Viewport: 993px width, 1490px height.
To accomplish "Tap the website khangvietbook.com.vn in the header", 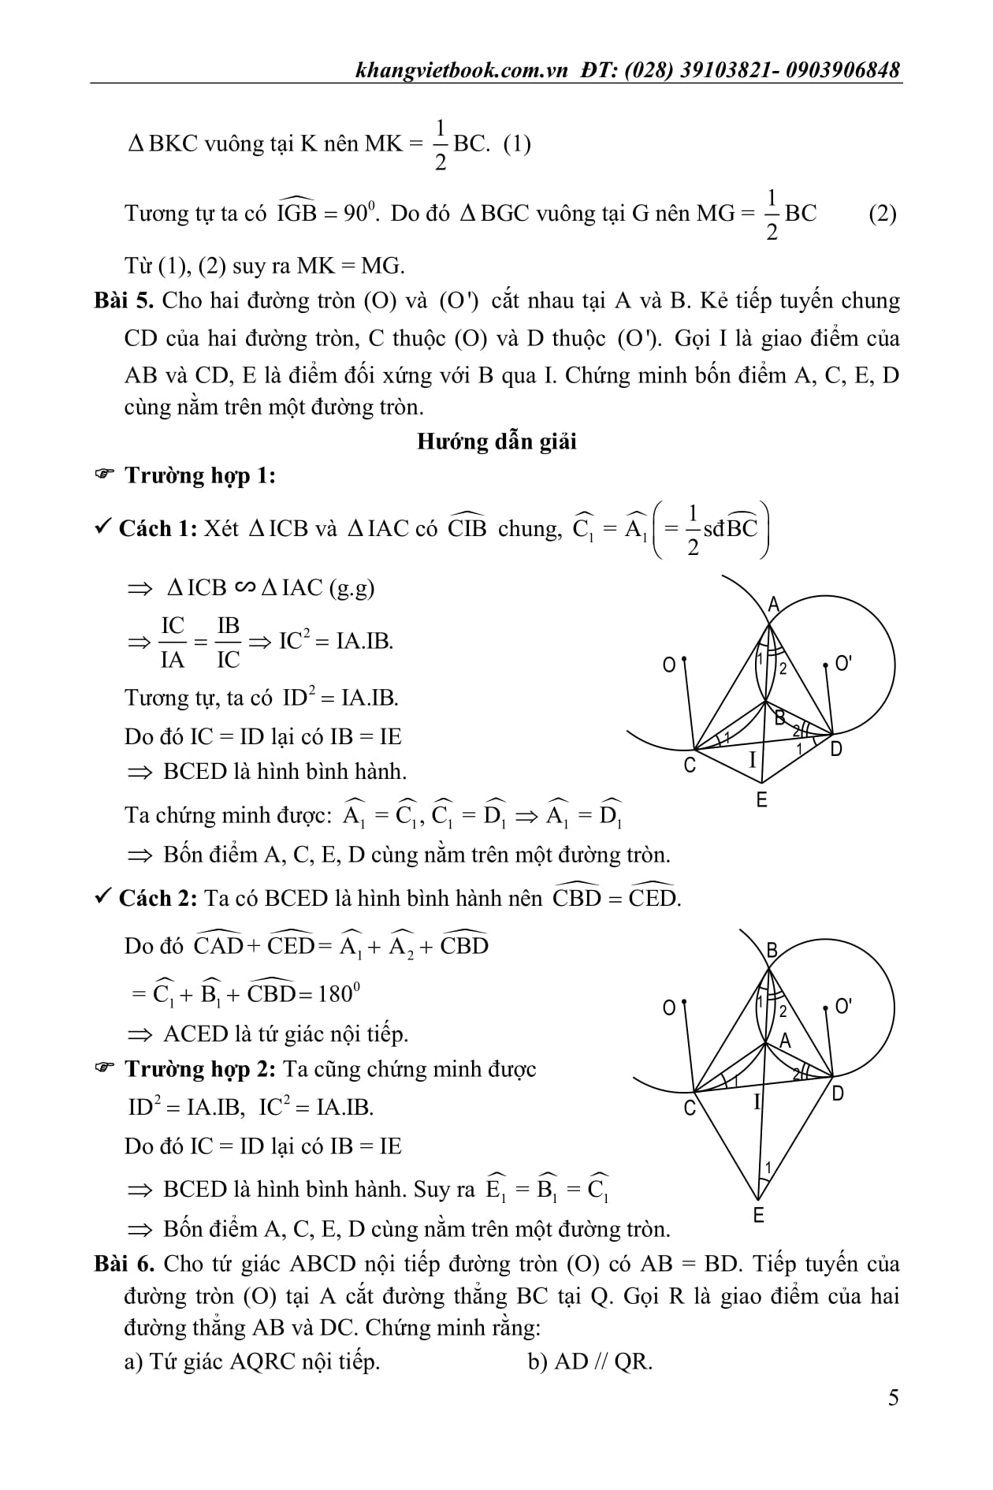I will pos(462,70).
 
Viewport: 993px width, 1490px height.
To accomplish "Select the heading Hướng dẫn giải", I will pos(496,441).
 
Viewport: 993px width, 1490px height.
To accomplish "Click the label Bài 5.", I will pos(126,301).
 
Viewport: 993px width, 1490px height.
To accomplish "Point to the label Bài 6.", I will pos(126,1264).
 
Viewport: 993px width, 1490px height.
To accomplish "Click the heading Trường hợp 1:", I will pos(200,475).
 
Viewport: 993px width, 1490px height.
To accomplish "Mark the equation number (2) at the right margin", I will pos(882,214).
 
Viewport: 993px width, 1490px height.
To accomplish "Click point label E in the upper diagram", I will pos(761,800).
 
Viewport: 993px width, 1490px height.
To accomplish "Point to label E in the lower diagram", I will pos(759,1215).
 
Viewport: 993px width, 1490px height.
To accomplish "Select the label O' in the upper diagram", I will pos(842,664).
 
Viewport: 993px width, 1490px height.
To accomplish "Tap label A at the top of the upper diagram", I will pos(773,605).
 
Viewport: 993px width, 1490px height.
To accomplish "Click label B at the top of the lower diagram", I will pos(772,951).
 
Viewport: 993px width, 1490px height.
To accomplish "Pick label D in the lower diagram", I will pos(837,1094).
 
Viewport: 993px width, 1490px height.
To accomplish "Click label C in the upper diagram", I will pos(690,765).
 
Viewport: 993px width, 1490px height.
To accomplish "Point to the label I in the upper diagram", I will pos(752,760).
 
